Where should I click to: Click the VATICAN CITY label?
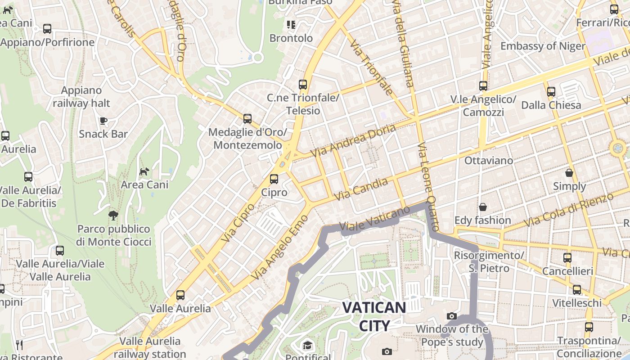click(374, 316)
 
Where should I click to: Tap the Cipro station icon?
click(274, 179)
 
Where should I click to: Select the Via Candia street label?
click(361, 189)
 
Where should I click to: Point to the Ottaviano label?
click(488, 161)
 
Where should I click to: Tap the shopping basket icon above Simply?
click(569, 173)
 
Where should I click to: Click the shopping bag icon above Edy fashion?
click(483, 207)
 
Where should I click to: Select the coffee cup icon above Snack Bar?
click(103, 121)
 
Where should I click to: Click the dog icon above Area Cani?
click(144, 171)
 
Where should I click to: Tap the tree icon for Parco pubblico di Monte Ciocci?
click(113, 215)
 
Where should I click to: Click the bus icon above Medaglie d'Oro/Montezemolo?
click(247, 119)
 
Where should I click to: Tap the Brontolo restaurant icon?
click(291, 25)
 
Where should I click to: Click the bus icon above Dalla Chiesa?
click(551, 92)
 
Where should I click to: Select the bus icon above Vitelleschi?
click(576, 290)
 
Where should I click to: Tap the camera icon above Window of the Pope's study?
click(451, 316)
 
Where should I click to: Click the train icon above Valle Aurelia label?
click(180, 295)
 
